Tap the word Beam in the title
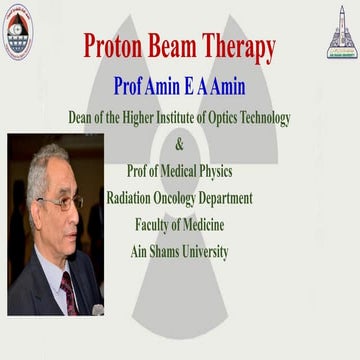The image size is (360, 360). tap(191, 46)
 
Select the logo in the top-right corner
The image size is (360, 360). tap(341, 32)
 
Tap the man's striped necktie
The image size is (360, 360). tap(69, 293)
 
